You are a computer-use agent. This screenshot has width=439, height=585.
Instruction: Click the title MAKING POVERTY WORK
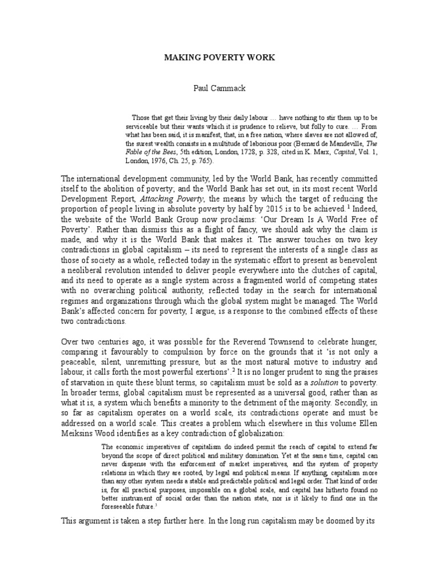point(220,58)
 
